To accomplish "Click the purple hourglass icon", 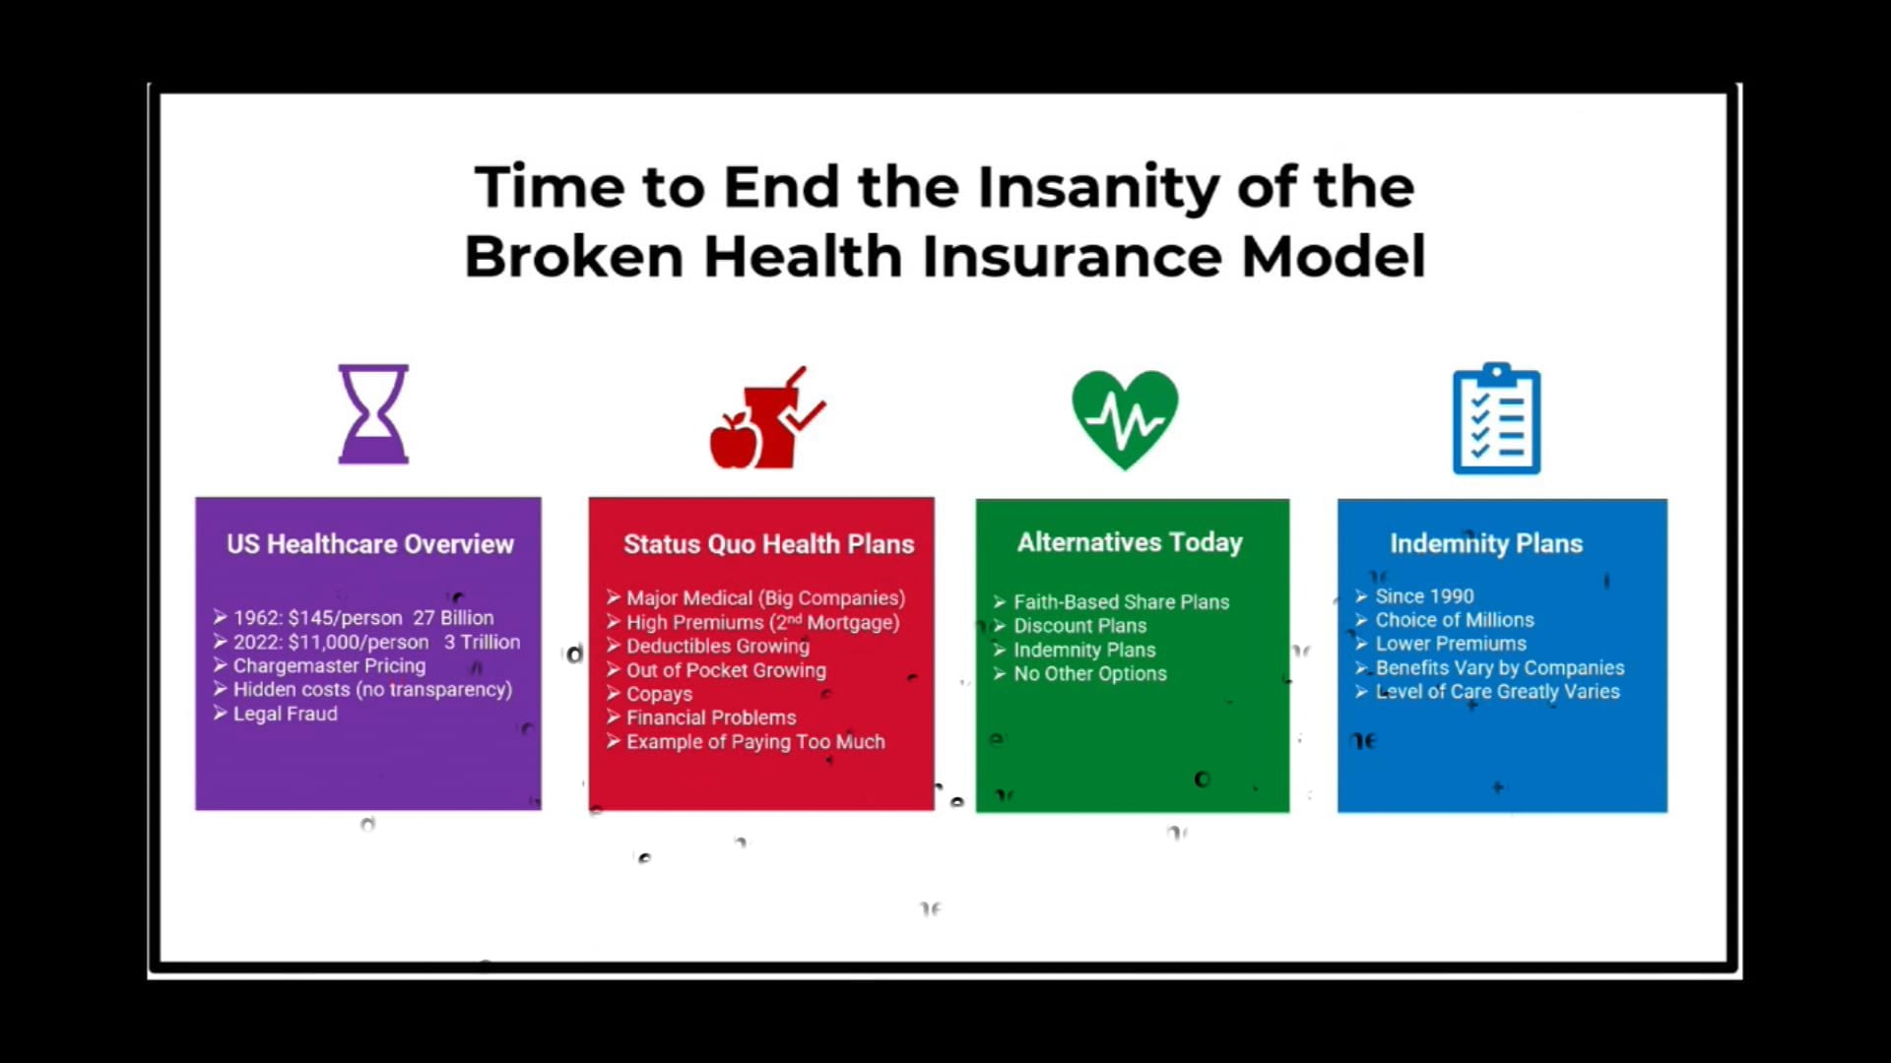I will tap(373, 413).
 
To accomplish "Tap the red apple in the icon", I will tap(733, 442).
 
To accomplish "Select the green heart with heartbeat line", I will tap(1125, 418).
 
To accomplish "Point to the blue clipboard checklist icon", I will tap(1496, 419).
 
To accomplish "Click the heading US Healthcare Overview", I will tap(370, 544).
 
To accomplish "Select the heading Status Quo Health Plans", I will tap(768, 544).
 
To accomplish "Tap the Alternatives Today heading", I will tap(1130, 542).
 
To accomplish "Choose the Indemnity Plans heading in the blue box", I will tap(1486, 543).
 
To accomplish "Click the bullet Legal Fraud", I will tap(285, 714).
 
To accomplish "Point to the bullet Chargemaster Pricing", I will tap(329, 665).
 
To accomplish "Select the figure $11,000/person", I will tap(359, 642).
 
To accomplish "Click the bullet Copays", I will tap(659, 694).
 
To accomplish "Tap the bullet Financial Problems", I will tap(711, 718).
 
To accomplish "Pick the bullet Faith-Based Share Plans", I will tap(1121, 601).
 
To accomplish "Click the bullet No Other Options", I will tap(1090, 673).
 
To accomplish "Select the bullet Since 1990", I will tap(1424, 595).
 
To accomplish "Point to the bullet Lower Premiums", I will tap(1451, 644).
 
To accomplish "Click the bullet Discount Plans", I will tap(1080, 626).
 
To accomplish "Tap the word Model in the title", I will tap(1334, 257).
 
